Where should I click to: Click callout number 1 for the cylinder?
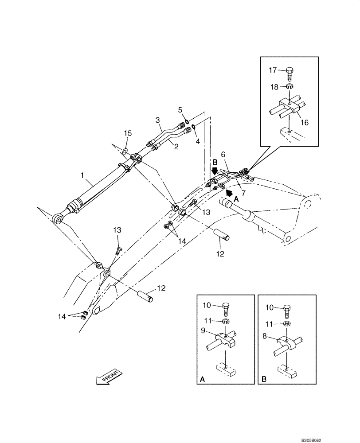pos(82,176)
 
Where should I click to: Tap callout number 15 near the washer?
pos(128,133)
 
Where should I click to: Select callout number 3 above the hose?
pos(157,120)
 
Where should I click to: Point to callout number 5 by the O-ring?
pos(180,109)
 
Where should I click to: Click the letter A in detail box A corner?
pos(203,379)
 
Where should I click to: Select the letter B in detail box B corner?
pos(264,379)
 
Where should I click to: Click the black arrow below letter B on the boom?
pos(215,170)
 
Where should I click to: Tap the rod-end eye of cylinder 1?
pos(57,218)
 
